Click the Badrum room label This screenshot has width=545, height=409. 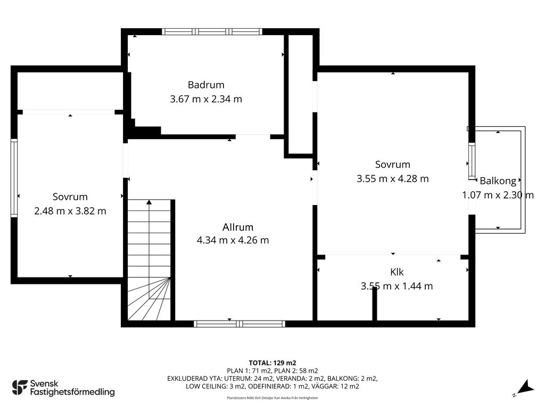tap(206, 85)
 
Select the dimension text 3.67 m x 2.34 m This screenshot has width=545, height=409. tap(206, 99)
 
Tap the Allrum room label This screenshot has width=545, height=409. tap(238, 226)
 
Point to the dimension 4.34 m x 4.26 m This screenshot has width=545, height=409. tap(233, 240)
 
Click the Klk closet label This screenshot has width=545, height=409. tap(397, 272)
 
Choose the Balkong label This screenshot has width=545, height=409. tap(498, 181)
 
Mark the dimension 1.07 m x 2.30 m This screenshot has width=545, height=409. tap(498, 195)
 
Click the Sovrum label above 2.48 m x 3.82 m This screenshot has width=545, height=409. tap(70, 197)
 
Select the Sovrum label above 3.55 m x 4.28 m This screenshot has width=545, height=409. tap(392, 165)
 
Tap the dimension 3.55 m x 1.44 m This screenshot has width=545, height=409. tap(397, 286)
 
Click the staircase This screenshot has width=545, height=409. tap(149, 261)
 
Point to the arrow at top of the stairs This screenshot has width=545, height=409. tap(149, 202)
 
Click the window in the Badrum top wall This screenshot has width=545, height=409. tap(212, 31)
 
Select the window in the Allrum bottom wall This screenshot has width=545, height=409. tap(239, 323)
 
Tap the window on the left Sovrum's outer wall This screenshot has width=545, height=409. tap(14, 178)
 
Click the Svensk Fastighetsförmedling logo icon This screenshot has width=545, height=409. tap(20, 387)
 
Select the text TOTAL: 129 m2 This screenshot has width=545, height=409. tap(272, 363)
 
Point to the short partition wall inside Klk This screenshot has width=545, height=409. tap(375, 304)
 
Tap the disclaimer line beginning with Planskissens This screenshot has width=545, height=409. tap(272, 398)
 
